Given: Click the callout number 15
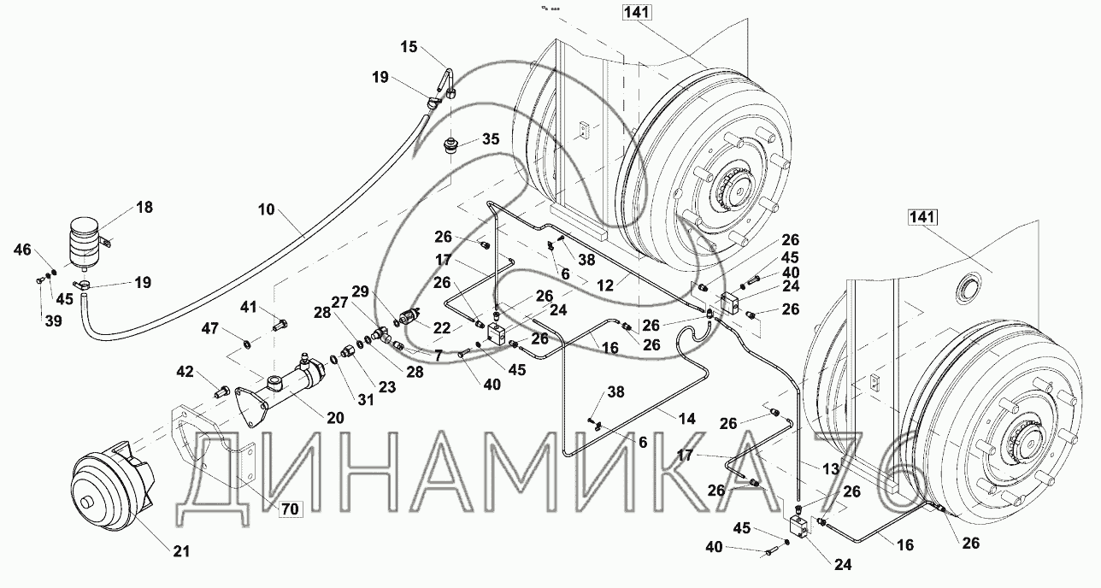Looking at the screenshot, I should point(409,47).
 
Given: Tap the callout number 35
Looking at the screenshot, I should point(490,138).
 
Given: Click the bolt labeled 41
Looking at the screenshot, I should point(278,324).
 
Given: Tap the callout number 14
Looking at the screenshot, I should point(687,419).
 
